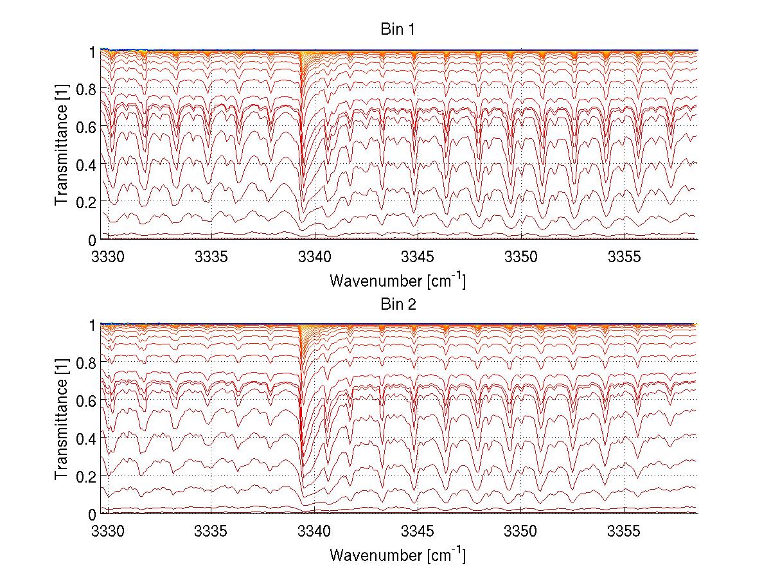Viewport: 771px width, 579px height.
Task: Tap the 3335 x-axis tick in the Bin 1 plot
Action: pyautogui.click(x=211, y=257)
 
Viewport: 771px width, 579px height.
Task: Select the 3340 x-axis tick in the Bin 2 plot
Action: pyautogui.click(x=314, y=532)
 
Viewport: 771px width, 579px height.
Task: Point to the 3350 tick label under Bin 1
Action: pyautogui.click(x=520, y=257)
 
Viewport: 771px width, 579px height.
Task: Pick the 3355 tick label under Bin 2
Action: pyautogui.click(x=624, y=532)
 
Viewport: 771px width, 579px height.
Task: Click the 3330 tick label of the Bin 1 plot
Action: pyautogui.click(x=108, y=257)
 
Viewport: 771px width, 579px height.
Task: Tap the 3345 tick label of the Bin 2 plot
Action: pyautogui.click(x=418, y=532)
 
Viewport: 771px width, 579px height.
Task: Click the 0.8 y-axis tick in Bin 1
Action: pyautogui.click(x=86, y=89)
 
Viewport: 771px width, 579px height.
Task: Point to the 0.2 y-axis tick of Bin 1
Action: pyautogui.click(x=86, y=202)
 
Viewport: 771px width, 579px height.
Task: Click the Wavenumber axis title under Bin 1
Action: pyautogui.click(x=398, y=280)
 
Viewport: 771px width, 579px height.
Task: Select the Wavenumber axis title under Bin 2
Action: pyautogui.click(x=398, y=555)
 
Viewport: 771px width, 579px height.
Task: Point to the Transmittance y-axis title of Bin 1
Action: pyautogui.click(x=62, y=145)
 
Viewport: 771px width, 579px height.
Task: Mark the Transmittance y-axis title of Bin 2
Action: pyautogui.click(x=62, y=420)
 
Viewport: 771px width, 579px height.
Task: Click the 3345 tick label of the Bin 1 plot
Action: pyautogui.click(x=418, y=257)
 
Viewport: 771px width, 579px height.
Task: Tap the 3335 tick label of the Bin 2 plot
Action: pyautogui.click(x=211, y=532)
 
